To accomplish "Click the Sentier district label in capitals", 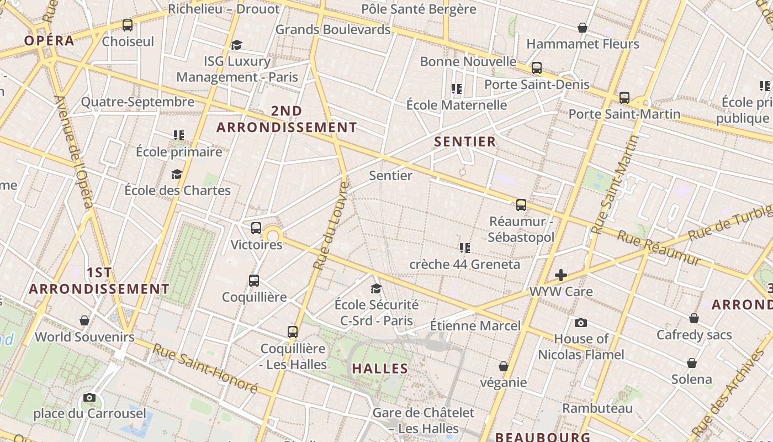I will coord(465,142).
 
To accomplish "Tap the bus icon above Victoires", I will coord(256,228).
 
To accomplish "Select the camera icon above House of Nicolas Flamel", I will coord(580,323).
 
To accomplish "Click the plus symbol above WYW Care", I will coord(561,275).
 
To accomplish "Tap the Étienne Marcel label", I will coord(475,325).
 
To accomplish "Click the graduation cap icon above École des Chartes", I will coord(177,175).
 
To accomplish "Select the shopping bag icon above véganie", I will coord(503,366).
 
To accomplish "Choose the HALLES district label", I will coord(380,369).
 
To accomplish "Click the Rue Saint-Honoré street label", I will coord(205,368).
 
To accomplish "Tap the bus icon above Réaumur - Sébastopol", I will coord(521,205).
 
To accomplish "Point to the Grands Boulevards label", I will coord(333,29).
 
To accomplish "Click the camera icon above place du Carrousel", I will coord(89,397).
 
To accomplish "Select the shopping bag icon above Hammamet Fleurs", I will coord(582,28).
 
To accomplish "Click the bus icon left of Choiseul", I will coord(128,25).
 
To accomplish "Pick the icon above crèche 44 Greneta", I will coord(464,248).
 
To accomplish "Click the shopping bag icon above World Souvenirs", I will coord(84,320).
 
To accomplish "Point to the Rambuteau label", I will coord(597,408).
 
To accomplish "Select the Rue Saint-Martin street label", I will coord(614,185).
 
